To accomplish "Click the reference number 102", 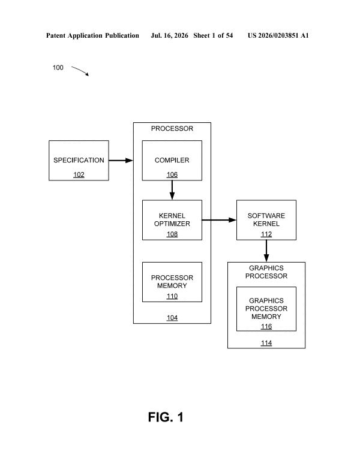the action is tap(79, 174).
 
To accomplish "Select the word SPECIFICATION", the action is tap(79, 160).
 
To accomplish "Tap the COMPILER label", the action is tap(172, 160).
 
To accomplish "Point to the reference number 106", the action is tap(172, 174).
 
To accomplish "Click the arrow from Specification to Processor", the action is tap(121, 161).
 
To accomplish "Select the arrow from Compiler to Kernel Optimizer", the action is tap(172, 190).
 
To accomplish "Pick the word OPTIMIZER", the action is tap(172, 224).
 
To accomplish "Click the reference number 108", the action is tap(172, 234).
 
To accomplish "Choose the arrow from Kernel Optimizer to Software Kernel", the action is tap(219, 220).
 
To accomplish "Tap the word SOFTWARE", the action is tap(266, 216).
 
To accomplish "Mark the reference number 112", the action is tap(266, 234).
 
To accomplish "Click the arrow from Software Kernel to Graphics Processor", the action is tap(266, 251).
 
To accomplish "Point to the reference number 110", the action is tap(172, 296).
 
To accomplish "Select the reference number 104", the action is tap(172, 318).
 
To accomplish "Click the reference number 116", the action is tap(266, 326).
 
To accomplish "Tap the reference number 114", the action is tap(266, 343).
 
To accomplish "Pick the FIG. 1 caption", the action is tap(166, 417).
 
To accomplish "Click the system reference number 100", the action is tap(58, 68).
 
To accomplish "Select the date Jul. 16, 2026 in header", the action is tap(169, 36).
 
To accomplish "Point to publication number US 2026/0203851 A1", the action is tap(278, 35).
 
